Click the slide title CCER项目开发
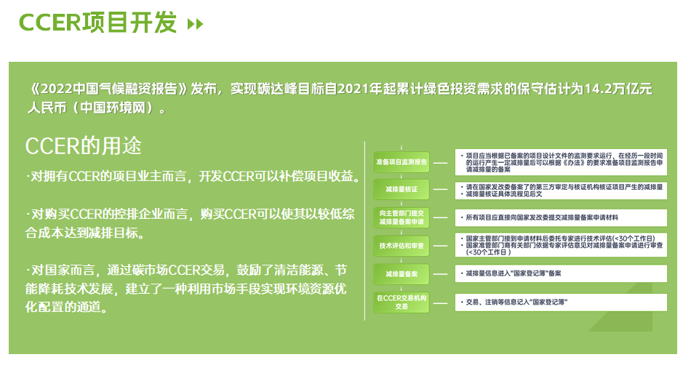(97, 23)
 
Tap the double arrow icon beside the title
(195, 24)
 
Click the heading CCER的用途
(84, 146)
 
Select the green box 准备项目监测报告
(402, 162)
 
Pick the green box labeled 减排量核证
(402, 190)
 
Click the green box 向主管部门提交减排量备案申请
(402, 217)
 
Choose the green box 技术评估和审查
(402, 246)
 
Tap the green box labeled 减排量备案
(402, 274)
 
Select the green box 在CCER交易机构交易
(402, 302)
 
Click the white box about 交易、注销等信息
(561, 302)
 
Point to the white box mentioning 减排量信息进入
(561, 273)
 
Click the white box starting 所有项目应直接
(561, 217)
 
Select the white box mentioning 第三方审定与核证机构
(561, 190)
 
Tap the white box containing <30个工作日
(561, 245)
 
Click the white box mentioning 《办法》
(561, 162)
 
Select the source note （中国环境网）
(113, 108)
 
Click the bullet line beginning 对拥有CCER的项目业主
(193, 177)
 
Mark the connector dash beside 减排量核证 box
(440, 190)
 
